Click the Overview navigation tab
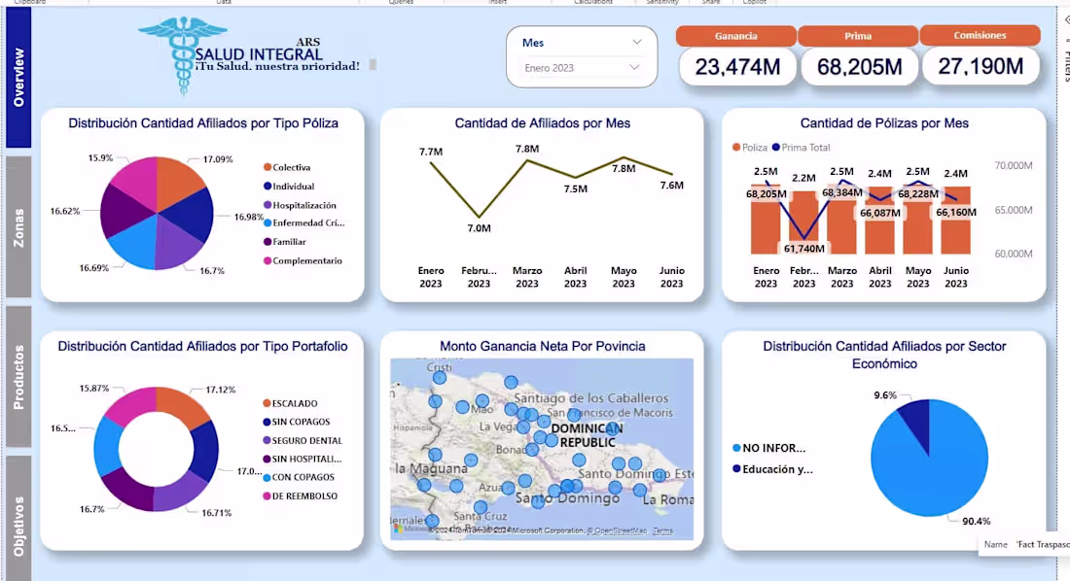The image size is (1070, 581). point(18,78)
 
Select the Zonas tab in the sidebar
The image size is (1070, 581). point(18,226)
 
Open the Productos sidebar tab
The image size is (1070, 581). point(18,376)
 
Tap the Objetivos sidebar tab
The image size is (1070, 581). point(18,525)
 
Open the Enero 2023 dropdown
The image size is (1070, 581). point(582,68)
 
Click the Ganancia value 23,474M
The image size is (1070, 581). point(736,67)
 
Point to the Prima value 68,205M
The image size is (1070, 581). point(858,67)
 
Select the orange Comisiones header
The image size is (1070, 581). point(980,36)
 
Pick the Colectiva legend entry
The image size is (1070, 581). point(291,168)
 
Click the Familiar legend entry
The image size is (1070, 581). point(289,242)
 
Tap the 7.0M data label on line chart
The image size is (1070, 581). point(479,228)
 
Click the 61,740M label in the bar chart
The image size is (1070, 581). point(803,249)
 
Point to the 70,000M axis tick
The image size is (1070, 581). point(1013,166)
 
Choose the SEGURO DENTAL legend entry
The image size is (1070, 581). point(306,440)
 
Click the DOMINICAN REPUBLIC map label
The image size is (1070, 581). point(586,434)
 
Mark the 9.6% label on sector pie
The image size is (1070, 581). point(884,395)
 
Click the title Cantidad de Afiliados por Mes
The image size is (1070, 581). point(542,123)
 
